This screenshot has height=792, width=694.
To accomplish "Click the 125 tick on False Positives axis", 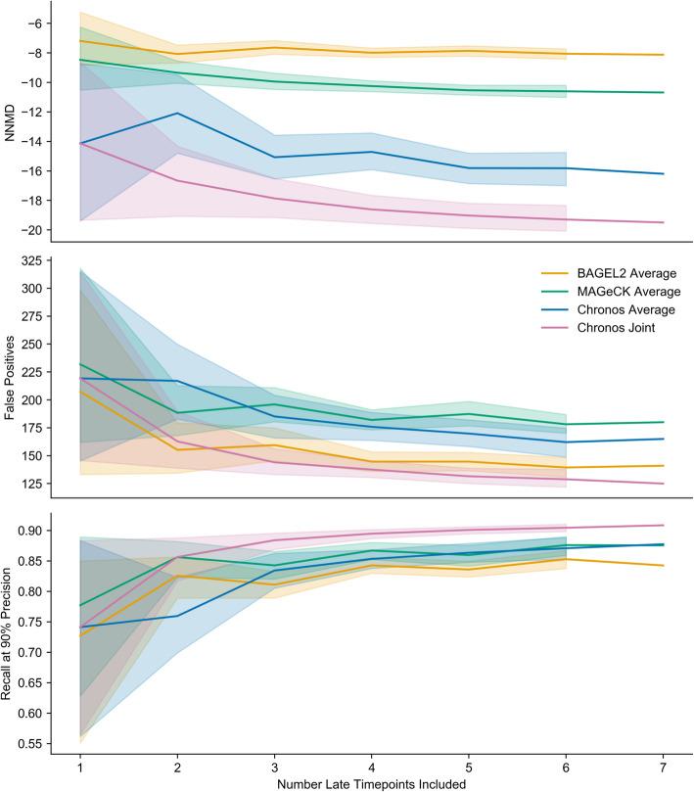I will [x=44, y=484].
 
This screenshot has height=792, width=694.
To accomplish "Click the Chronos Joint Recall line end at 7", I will [x=664, y=526].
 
